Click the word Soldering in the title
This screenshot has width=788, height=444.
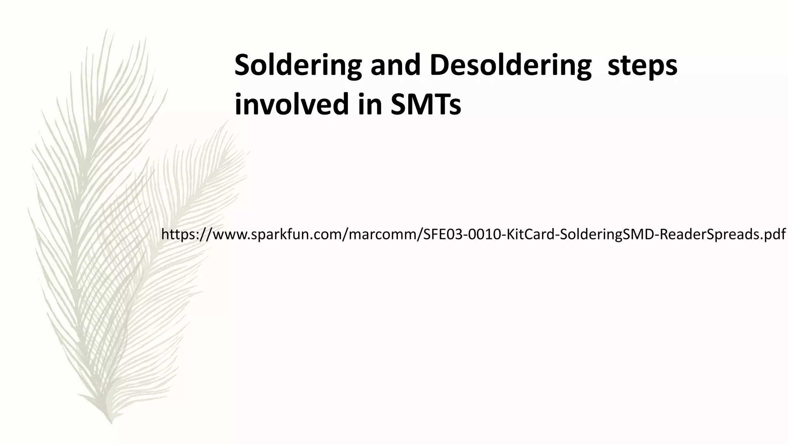[x=298, y=66]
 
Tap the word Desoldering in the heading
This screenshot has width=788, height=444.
[x=510, y=66]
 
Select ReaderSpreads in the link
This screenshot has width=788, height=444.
[x=708, y=234]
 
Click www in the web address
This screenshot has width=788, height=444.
[x=229, y=234]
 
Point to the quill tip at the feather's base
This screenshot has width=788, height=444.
[x=111, y=422]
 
